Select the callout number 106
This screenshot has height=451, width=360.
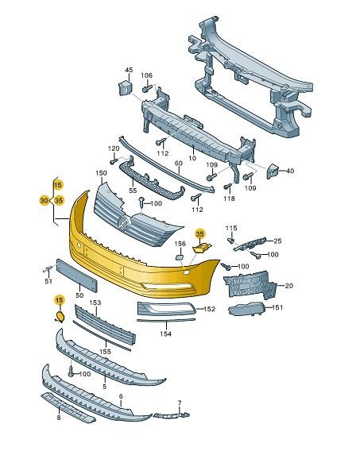click(x=147, y=75)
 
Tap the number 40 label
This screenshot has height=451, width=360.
click(x=289, y=171)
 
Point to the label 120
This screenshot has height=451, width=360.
click(x=114, y=148)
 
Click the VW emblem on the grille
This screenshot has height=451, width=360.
click(x=123, y=225)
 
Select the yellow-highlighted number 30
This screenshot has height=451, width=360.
click(x=43, y=201)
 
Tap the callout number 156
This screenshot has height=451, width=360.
click(x=180, y=244)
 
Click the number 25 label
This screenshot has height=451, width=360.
click(x=277, y=240)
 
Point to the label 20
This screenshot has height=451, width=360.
click(x=288, y=285)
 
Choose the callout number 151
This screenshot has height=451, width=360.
click(x=277, y=307)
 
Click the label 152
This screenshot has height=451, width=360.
click(x=209, y=309)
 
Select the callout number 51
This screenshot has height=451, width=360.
click(x=48, y=281)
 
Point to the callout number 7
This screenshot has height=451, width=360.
click(x=180, y=403)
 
